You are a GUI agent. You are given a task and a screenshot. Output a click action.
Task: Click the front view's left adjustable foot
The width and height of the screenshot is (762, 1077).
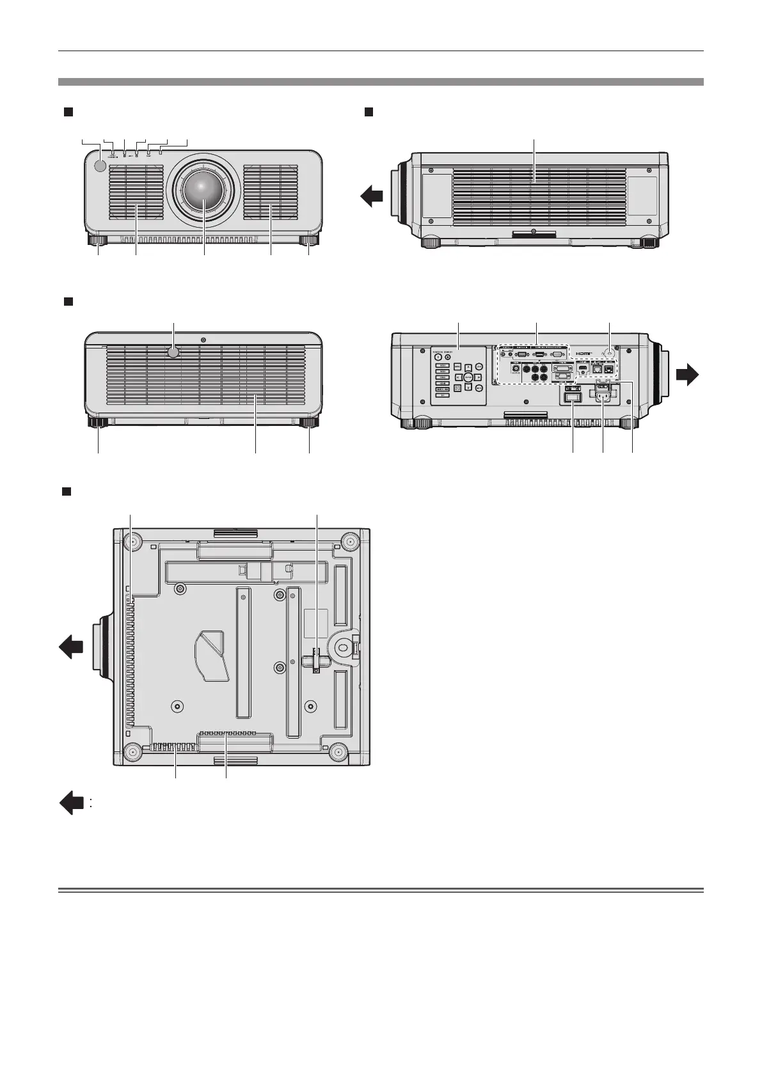coord(98,242)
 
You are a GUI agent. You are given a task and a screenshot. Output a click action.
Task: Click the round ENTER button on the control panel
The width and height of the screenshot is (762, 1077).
coord(468,377)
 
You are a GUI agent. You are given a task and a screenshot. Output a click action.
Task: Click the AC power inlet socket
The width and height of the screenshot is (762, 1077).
coord(603,397)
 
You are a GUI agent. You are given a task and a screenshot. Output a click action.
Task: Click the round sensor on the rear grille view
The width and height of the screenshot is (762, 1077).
coord(173,352)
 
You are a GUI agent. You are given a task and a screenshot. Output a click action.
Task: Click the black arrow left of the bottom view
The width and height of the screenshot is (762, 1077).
coord(70,648)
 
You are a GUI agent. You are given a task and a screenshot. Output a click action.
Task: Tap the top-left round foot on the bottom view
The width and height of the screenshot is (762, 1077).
coord(133,541)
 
